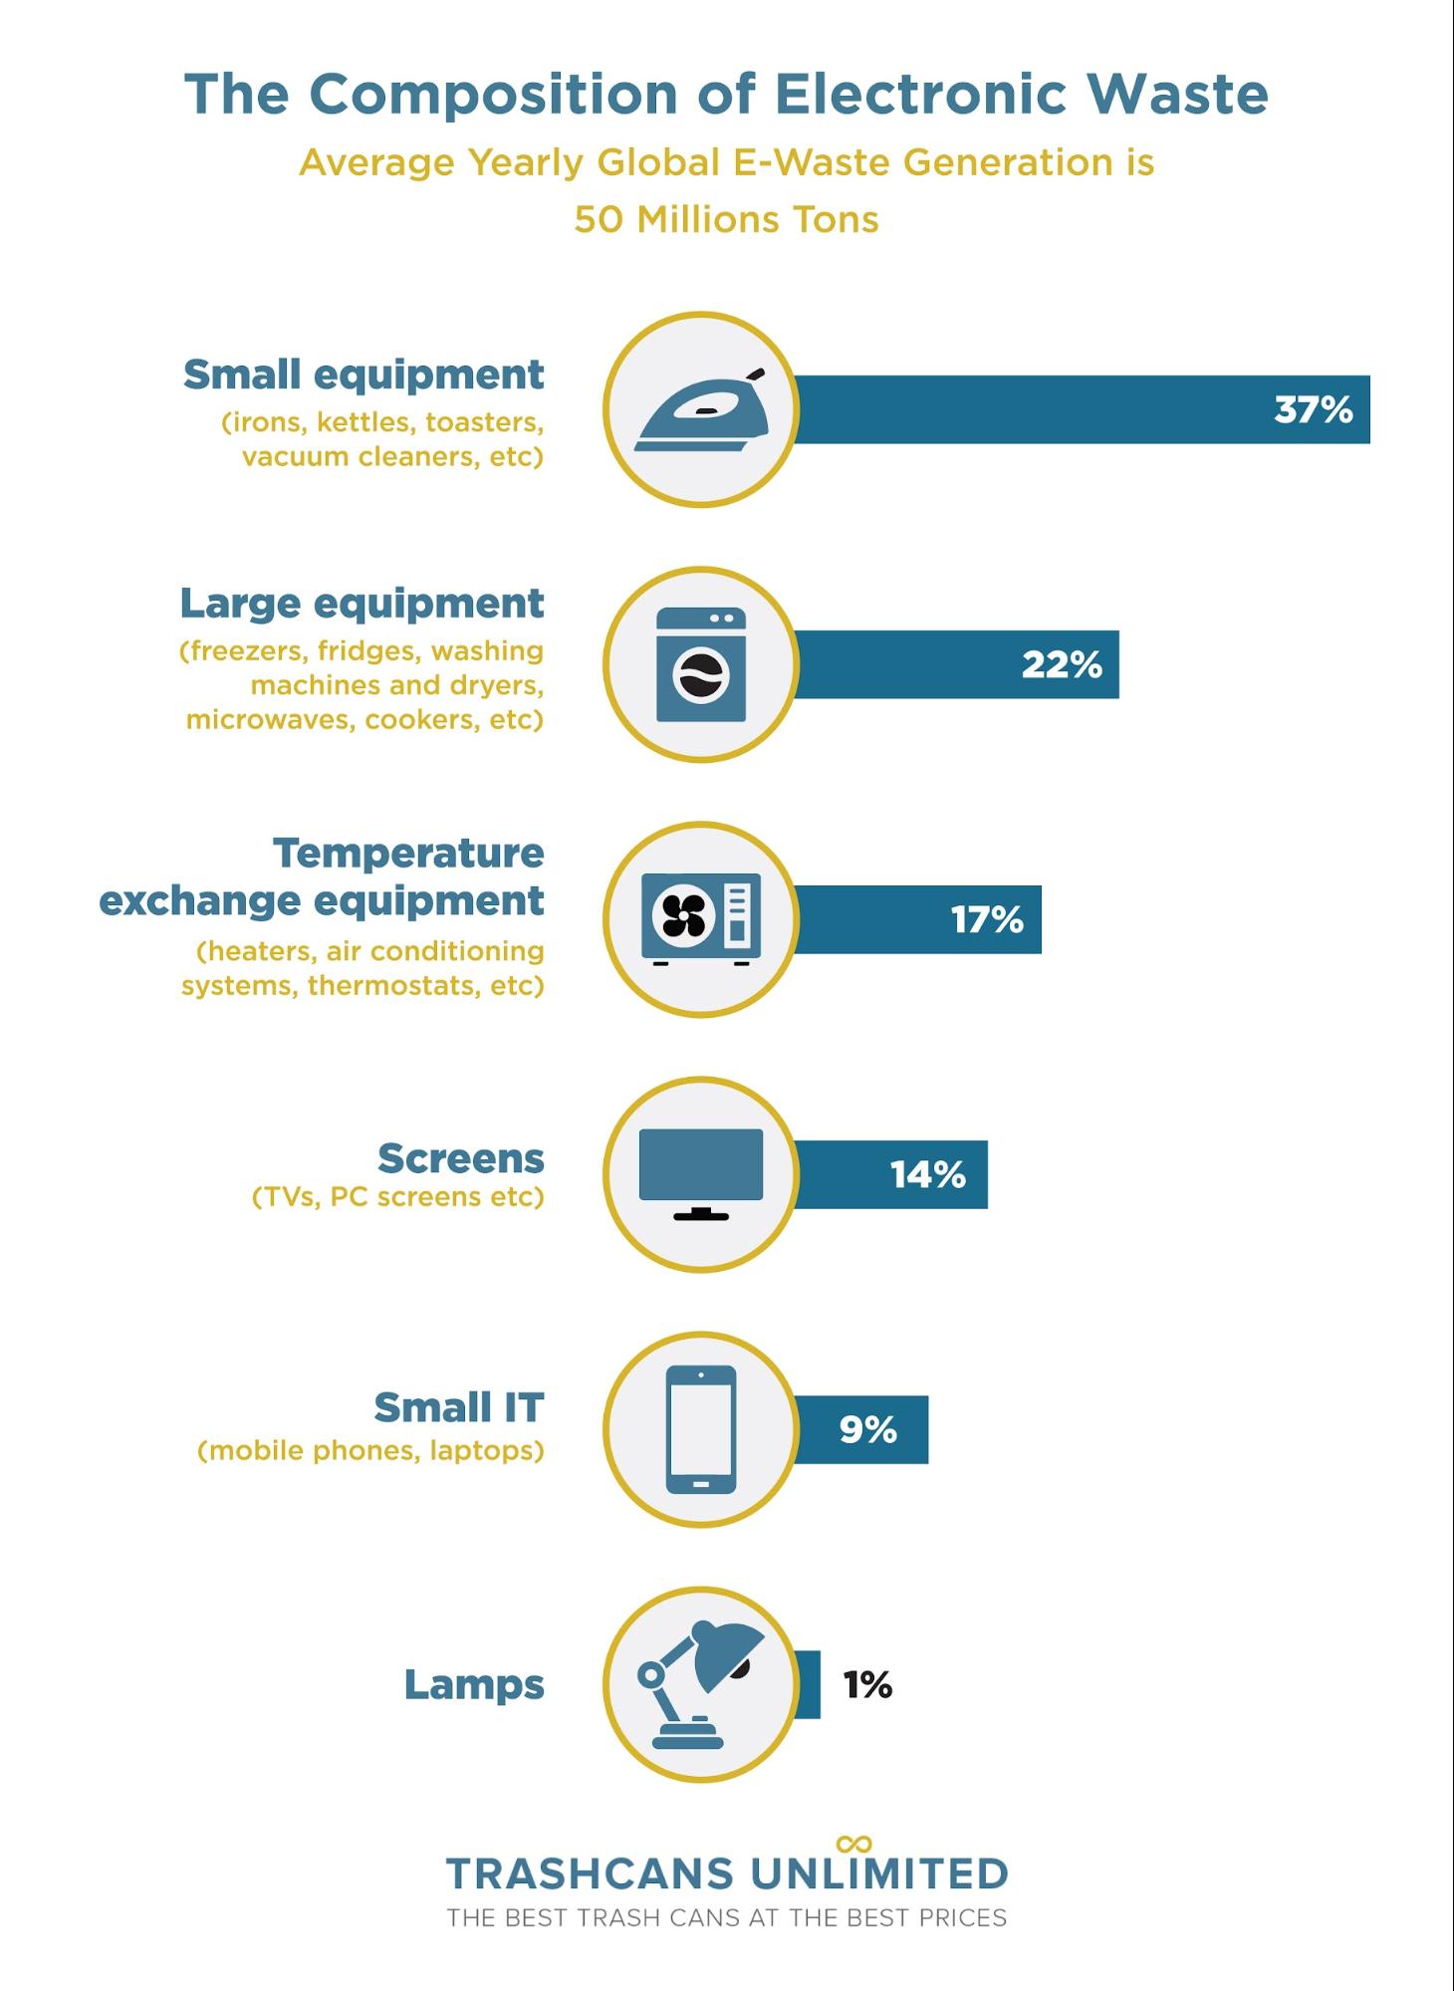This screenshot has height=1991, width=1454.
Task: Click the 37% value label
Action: point(1313,409)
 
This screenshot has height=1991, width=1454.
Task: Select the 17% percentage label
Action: point(987,919)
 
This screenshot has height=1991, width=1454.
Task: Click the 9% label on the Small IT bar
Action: point(867,1429)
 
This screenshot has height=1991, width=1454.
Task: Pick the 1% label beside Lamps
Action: point(867,1684)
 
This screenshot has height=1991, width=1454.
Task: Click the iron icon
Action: point(702,409)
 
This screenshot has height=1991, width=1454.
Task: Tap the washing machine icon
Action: point(701,664)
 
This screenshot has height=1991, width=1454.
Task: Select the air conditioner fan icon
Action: point(701,917)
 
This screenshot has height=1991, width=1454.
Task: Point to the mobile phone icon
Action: point(701,1428)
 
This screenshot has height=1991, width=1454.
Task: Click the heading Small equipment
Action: point(363,374)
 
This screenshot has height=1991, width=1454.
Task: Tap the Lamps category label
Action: point(474,1684)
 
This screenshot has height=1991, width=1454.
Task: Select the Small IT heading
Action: point(459,1407)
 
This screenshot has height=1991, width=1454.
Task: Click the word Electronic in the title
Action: point(921,95)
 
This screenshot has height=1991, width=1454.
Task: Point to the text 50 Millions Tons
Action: point(726,219)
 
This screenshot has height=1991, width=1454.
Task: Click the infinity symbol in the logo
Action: point(854,1844)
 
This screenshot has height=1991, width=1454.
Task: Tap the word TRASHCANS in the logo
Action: point(590,1873)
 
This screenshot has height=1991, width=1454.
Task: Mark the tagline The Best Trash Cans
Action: point(726,1918)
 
